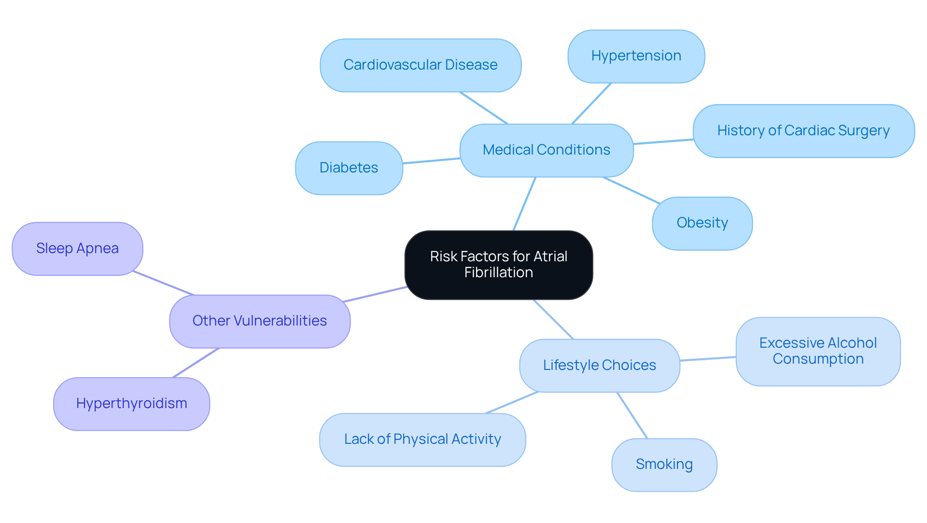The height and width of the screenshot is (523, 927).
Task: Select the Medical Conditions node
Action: pos(546,150)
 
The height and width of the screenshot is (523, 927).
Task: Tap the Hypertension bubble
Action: pos(636,56)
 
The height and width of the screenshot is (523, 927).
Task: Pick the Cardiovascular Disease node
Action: pos(420,65)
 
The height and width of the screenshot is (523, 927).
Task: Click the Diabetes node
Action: pos(349,168)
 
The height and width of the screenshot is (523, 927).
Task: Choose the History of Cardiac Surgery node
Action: pos(803,131)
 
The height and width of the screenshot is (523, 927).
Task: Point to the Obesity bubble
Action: pos(702,223)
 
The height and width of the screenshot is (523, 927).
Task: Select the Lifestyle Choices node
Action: pos(599,366)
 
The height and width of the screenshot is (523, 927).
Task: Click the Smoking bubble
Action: pos(664,465)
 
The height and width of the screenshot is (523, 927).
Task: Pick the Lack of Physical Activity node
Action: pos(422,439)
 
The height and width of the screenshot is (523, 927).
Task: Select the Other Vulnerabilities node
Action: pos(259,321)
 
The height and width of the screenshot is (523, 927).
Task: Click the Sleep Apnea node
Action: pos(77,249)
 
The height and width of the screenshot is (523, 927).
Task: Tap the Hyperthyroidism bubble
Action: pos(131,404)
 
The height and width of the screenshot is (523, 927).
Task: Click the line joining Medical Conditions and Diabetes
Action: pos(431,161)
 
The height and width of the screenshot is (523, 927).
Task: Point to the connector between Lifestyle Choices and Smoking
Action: pos(632,415)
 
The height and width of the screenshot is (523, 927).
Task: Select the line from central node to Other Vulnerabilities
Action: pos(375,295)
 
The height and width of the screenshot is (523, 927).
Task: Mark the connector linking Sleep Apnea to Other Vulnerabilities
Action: pos(163,283)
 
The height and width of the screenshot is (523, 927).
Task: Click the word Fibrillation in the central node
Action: pos(498,273)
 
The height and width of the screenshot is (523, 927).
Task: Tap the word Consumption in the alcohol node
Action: pos(818,359)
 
